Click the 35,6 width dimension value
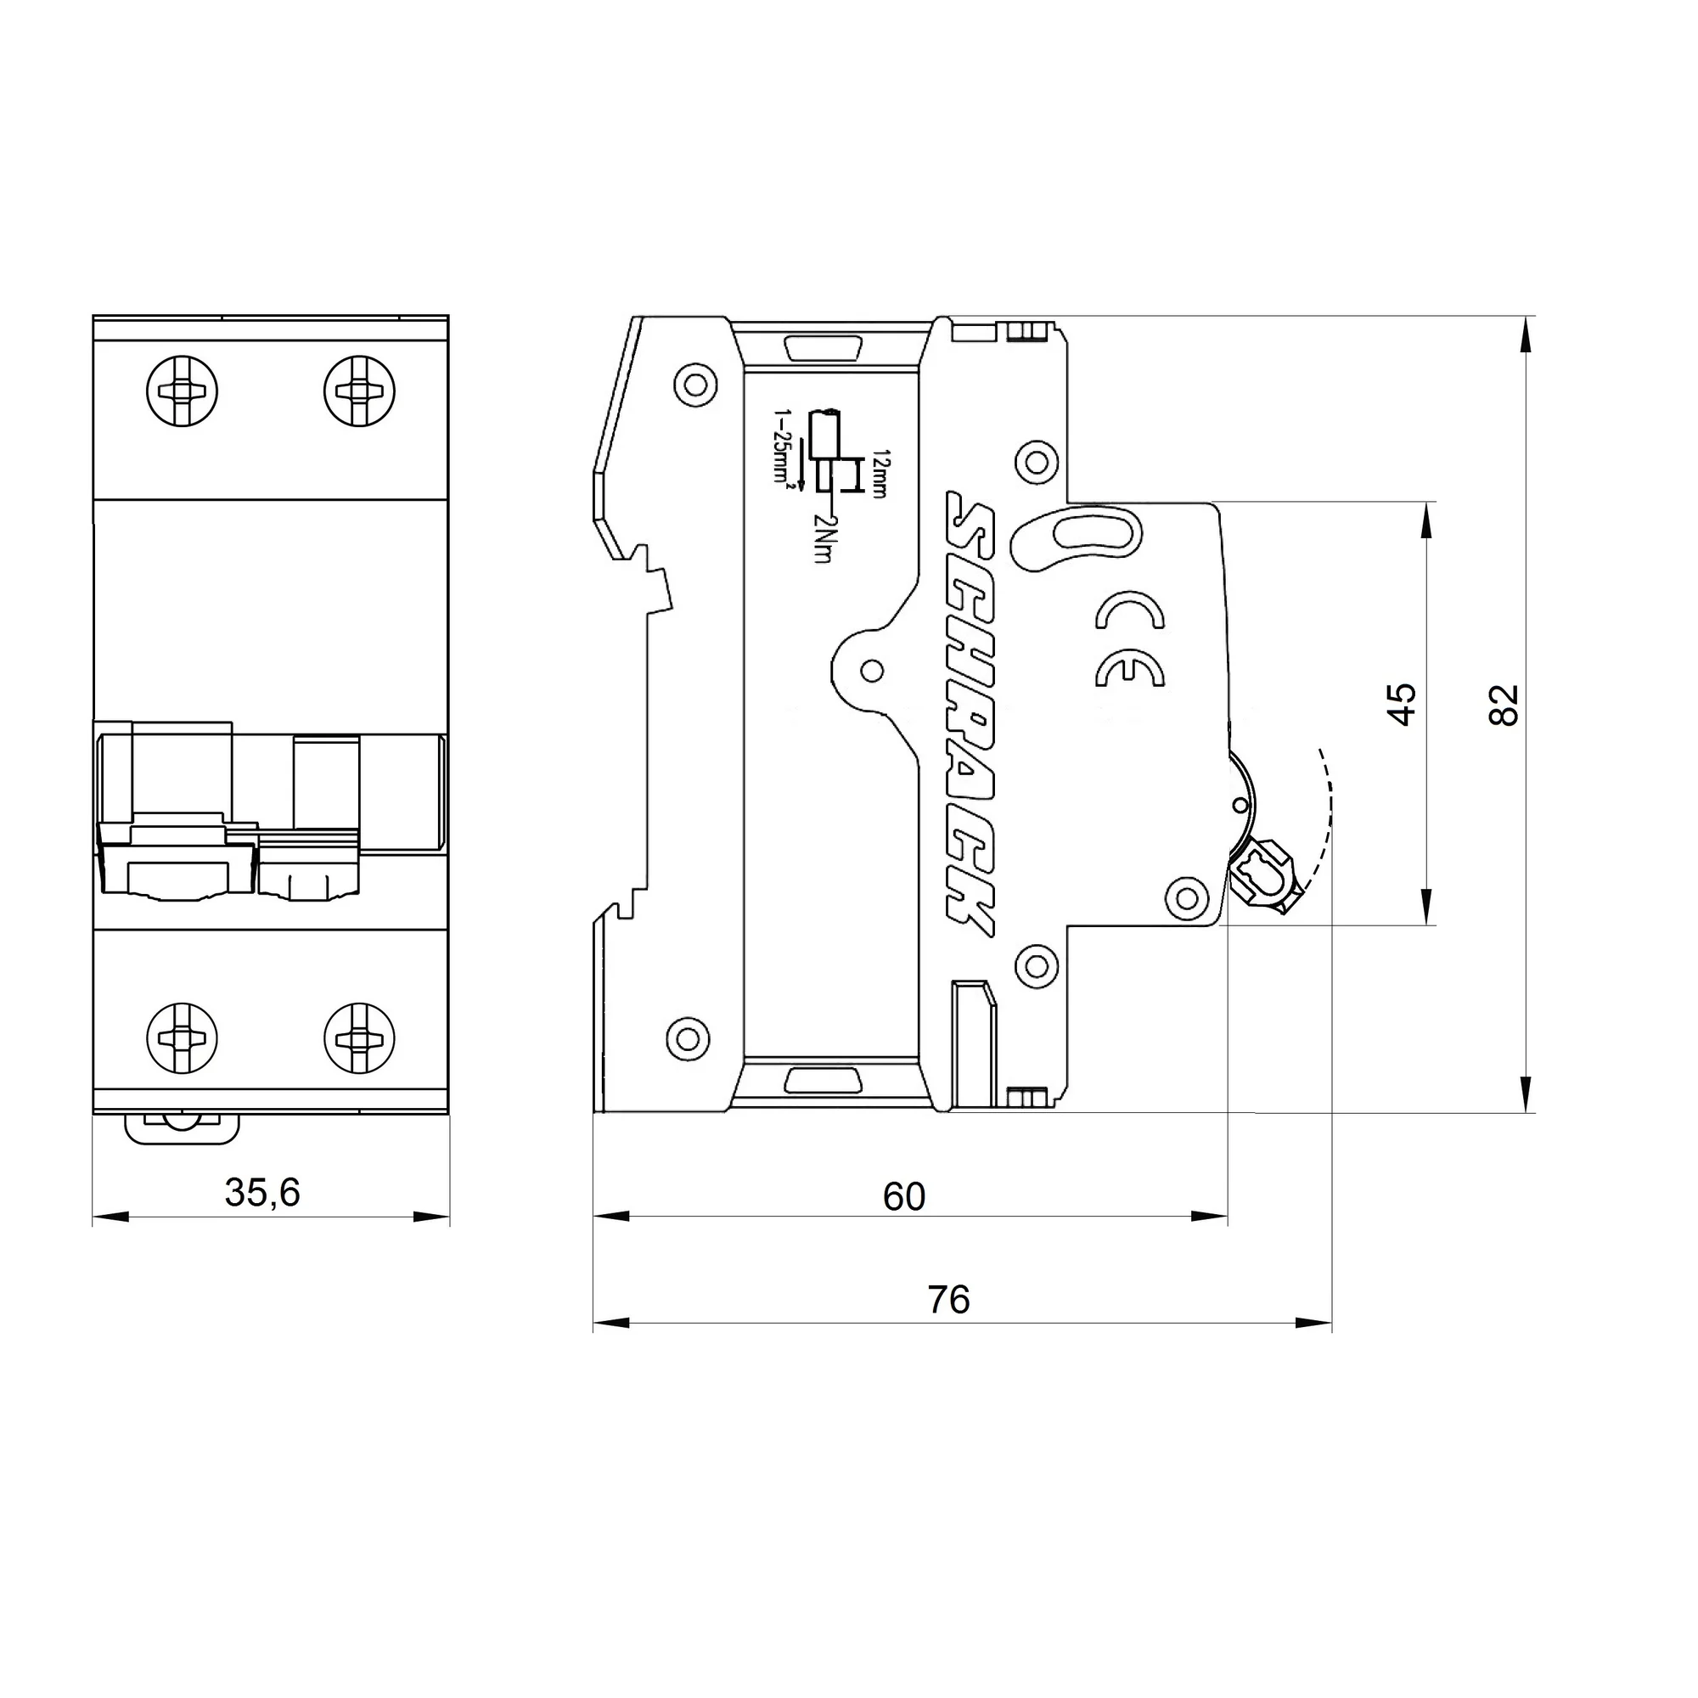(261, 1193)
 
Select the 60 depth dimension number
(903, 1197)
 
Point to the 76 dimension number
(948, 1299)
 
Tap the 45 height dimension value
(1403, 704)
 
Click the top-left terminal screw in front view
(182, 391)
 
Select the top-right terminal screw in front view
(358, 391)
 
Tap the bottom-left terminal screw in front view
(182, 1038)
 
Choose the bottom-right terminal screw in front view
(358, 1038)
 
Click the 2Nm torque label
(823, 538)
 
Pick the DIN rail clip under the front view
(182, 1127)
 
